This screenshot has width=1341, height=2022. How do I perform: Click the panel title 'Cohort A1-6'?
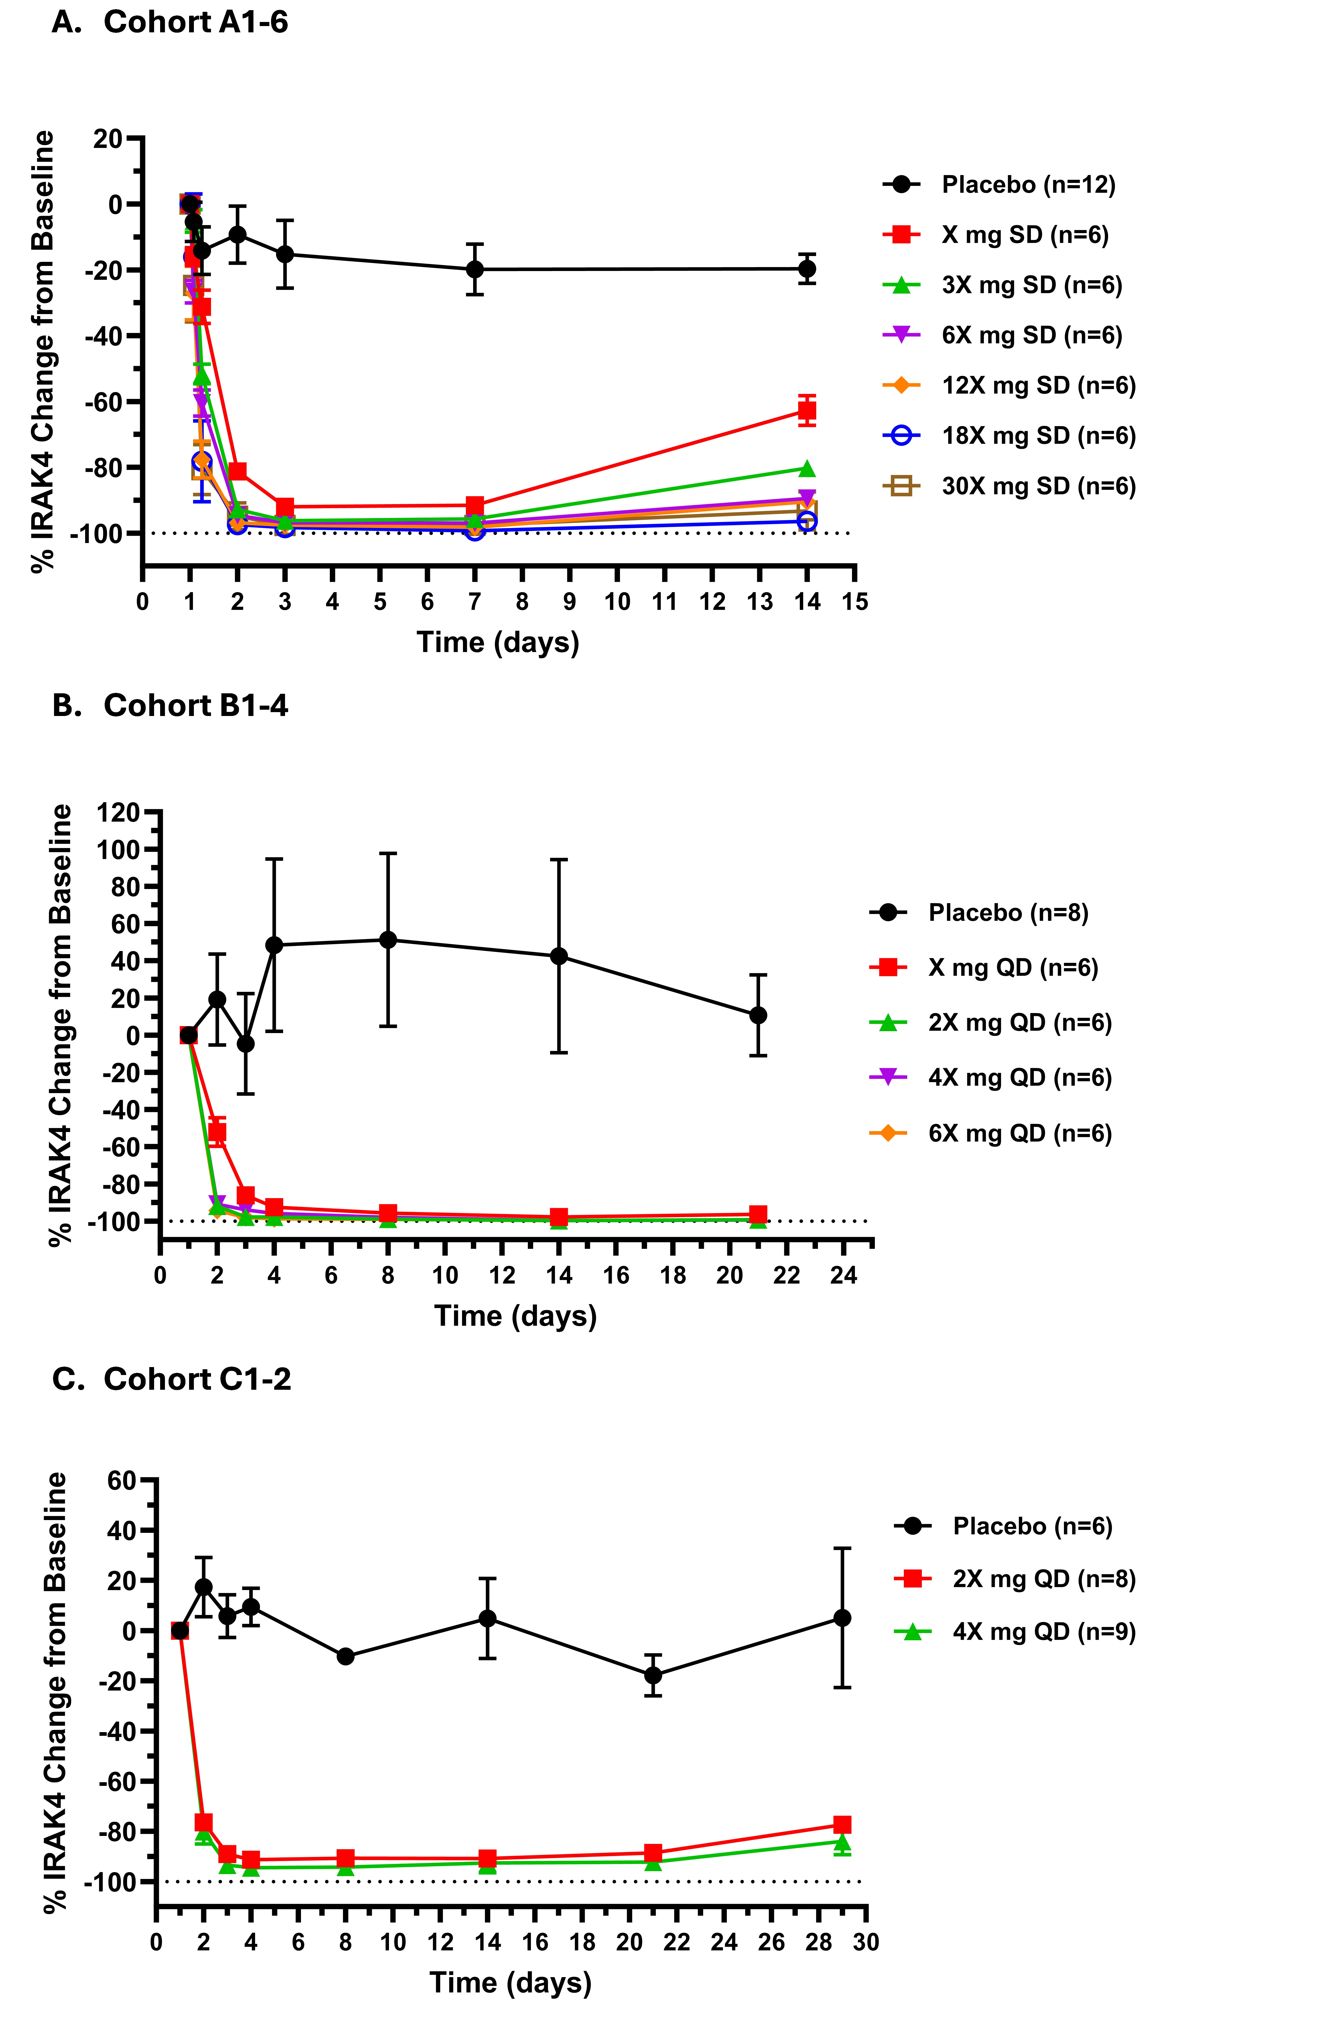(196, 22)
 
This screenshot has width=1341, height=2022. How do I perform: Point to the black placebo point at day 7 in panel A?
(475, 270)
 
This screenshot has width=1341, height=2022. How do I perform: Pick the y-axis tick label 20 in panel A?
(109, 139)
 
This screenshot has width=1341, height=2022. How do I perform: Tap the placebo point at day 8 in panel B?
(388, 939)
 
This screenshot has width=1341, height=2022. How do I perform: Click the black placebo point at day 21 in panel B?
(758, 1015)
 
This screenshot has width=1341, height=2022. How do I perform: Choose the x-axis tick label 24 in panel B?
(843, 1276)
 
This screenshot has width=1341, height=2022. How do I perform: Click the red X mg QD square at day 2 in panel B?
(217, 1132)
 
